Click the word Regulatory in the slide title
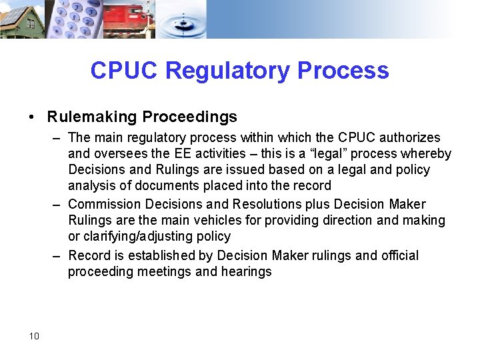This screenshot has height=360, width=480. click(221, 71)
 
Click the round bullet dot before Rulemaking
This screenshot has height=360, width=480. click(32, 117)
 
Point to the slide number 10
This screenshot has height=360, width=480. click(34, 336)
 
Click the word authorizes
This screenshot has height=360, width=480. click(409, 137)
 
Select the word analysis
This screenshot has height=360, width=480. click(91, 185)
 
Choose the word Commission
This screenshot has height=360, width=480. click(103, 204)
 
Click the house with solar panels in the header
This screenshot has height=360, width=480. click(21, 19)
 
